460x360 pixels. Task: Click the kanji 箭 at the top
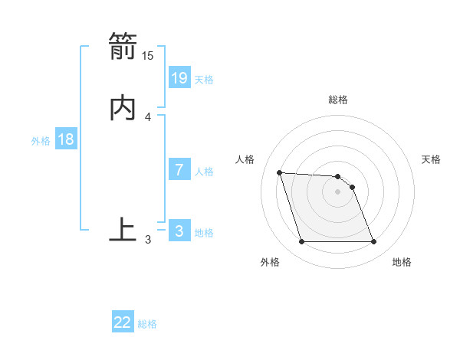pos(123,45)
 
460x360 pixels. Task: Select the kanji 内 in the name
pos(123,106)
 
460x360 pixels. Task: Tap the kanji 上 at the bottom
pos(123,230)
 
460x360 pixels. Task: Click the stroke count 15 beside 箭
pos(148,55)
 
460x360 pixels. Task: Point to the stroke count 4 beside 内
pos(148,116)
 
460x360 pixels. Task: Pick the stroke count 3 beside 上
pos(148,240)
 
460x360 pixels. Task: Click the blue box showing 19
pos(179,77)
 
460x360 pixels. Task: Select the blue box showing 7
pos(179,170)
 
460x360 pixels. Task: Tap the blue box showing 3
pos(179,231)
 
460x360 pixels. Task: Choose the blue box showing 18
pos(66,139)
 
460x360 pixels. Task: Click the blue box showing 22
pos(123,322)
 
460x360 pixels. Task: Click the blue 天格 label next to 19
pos(204,79)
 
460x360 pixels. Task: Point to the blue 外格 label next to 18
pos(41,141)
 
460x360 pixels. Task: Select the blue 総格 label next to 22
pos(147,324)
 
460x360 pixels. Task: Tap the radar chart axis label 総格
pos(338,100)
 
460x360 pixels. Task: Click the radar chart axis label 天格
pos(432,159)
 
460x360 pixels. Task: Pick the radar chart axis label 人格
pos(245,159)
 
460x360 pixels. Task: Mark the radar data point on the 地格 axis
pos(374,242)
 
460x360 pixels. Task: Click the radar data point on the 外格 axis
pos(301,242)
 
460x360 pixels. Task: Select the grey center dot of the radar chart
pos(338,191)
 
